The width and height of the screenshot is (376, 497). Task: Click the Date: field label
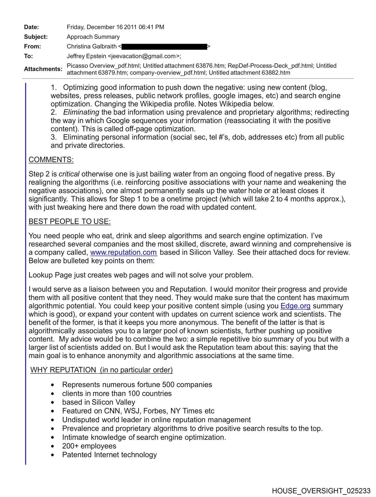coord(31,27)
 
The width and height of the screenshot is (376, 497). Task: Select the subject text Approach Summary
coord(93,37)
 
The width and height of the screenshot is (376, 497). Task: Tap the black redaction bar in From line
coord(164,47)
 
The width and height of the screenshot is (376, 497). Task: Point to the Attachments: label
coord(43,69)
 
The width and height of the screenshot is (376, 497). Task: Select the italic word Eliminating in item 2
coord(81,112)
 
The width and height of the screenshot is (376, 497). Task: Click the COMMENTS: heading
coord(51,160)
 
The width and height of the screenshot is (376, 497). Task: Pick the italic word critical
coord(69,174)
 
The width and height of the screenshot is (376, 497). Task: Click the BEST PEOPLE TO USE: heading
coord(69,222)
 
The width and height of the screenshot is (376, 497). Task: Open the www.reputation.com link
coord(123,252)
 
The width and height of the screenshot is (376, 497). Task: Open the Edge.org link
coord(295,306)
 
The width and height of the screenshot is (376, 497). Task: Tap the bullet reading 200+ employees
coord(89,446)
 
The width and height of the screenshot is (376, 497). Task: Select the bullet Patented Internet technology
coord(109,455)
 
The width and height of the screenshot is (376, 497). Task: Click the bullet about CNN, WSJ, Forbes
coord(138,411)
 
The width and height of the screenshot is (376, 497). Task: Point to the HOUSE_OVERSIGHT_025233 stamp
coord(321,491)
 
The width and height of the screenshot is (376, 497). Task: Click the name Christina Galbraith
coord(92,47)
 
